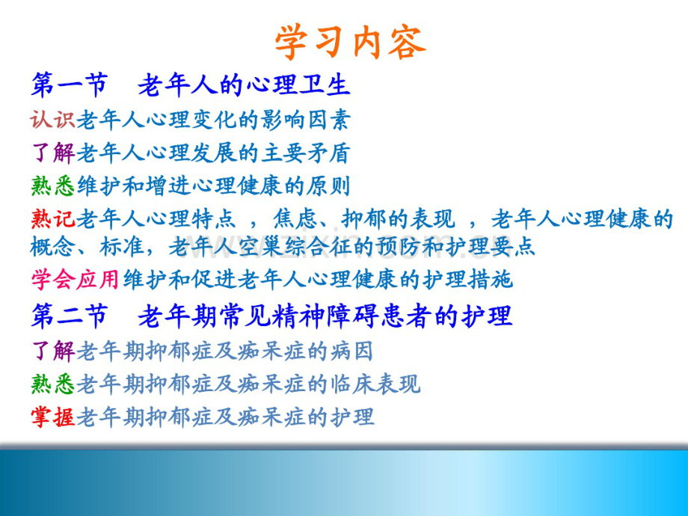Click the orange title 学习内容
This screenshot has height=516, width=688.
coord(350,42)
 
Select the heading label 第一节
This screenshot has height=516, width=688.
coord(69,85)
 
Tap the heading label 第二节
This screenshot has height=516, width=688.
coord(69,316)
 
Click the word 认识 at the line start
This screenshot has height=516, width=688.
coord(53,120)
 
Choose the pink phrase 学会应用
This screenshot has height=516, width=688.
coord(76,280)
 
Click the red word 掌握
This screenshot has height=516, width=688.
coord(53,417)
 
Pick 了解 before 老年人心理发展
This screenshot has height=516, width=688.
coord(53,153)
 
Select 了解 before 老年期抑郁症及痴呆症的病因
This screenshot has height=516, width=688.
coord(53,349)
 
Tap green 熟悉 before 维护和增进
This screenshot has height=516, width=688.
coord(53,185)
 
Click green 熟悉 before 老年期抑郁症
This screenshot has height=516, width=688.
coord(53,384)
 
